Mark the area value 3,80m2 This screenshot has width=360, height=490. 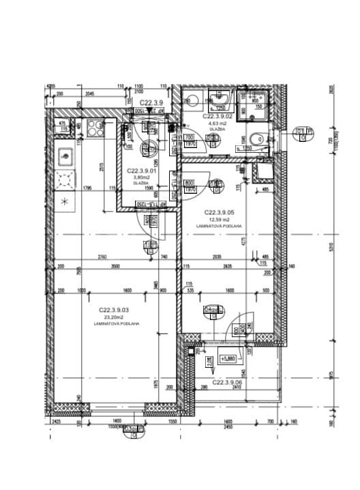pos(141,177)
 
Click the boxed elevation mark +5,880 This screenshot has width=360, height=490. pos(227,358)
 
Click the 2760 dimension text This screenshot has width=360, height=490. pos(103,257)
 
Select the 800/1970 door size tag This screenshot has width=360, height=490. pos(189,185)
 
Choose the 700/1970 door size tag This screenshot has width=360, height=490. pos(190,140)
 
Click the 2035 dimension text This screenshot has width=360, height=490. pos(216,257)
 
